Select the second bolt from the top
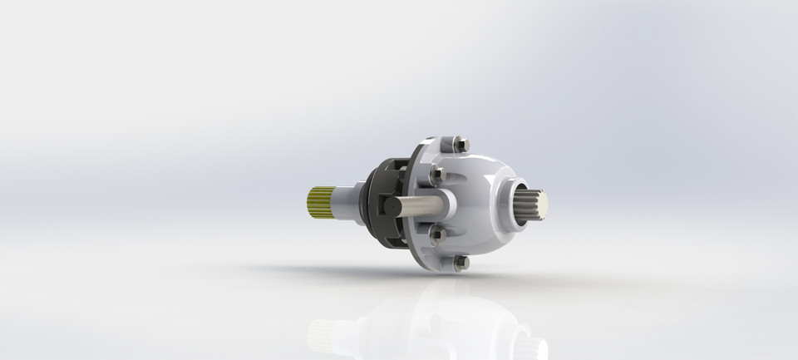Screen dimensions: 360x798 pyautogui.click(x=436, y=175)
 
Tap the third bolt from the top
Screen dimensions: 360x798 pyautogui.click(x=437, y=234)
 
